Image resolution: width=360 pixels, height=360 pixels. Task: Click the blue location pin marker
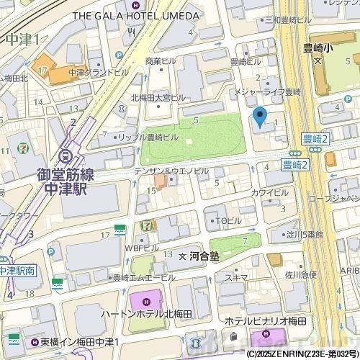coord(260,115)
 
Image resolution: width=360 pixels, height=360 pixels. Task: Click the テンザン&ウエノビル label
coord(171,171)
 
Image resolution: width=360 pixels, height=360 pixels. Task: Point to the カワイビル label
coord(269,194)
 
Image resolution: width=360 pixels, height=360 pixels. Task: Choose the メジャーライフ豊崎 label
coord(275,92)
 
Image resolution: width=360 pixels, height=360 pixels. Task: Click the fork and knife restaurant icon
coord(132,32)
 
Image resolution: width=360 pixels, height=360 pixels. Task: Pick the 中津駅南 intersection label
coord(18,271)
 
